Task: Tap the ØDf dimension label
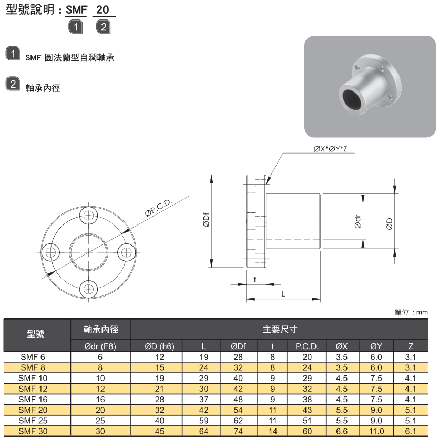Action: click(207, 221)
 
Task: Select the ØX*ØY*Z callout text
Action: click(330, 149)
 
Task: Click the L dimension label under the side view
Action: click(283, 294)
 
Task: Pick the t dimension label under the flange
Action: click(254, 279)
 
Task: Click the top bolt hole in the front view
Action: click(88, 215)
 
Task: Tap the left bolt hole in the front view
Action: click(51, 252)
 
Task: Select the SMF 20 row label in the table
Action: click(33, 410)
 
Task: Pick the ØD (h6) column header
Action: click(159, 346)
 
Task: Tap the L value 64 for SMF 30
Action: click(203, 432)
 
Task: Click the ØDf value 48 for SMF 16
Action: click(238, 399)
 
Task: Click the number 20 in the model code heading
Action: click(103, 10)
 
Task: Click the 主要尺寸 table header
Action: click(280, 330)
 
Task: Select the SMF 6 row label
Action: click(33, 356)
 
